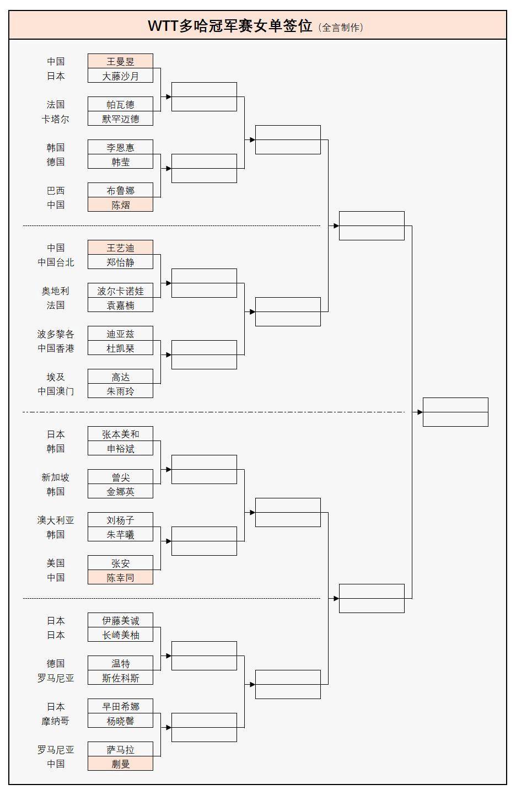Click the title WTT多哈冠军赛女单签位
point(230,26)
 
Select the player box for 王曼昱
point(120,61)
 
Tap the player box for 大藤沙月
point(120,76)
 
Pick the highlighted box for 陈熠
point(120,205)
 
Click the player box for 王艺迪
point(120,248)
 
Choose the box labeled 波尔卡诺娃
point(120,291)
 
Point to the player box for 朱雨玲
point(120,391)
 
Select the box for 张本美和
point(120,434)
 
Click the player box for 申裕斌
point(120,448)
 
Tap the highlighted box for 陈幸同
point(120,577)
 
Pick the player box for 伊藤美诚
point(120,620)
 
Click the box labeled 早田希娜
point(120,706)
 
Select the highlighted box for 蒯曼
point(120,764)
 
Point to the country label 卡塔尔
point(56,119)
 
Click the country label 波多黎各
point(56,334)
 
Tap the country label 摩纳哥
point(56,721)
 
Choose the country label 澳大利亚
point(56,520)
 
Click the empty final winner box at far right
point(455,412)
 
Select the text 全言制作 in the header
point(342,27)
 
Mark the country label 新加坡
point(56,477)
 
